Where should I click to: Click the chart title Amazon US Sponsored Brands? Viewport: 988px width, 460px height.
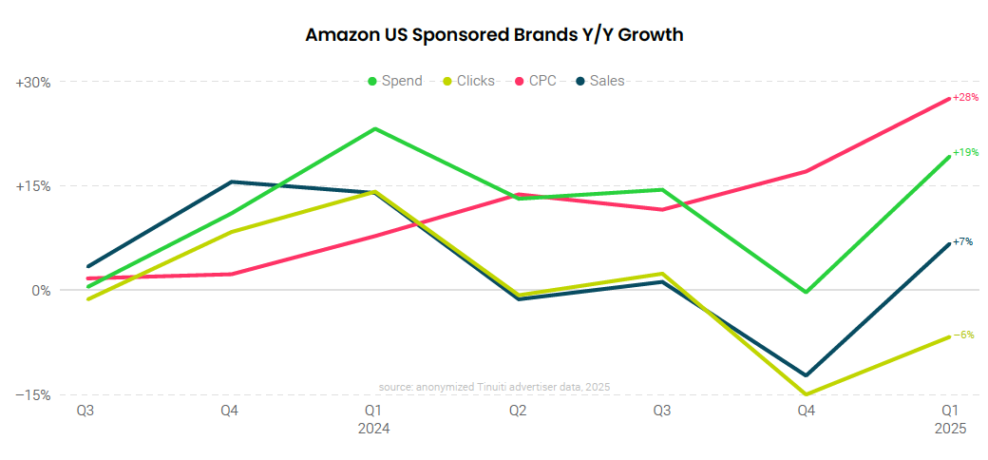(x=494, y=35)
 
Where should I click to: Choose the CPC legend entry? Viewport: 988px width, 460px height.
(x=541, y=81)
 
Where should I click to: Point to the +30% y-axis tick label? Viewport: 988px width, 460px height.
(x=33, y=83)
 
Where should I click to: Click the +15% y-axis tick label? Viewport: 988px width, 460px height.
(x=33, y=186)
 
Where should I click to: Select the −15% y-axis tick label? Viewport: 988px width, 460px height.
(x=33, y=394)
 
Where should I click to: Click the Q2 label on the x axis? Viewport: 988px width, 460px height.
(x=518, y=412)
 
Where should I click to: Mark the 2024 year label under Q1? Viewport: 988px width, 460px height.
(x=373, y=429)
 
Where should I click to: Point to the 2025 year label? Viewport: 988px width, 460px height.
(x=949, y=429)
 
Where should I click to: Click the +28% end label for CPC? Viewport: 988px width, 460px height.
(x=965, y=98)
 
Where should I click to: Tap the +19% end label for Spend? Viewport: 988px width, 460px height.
(x=965, y=152)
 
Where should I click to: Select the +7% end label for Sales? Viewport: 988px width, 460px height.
(x=962, y=242)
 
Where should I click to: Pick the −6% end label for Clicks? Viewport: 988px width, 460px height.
(x=963, y=335)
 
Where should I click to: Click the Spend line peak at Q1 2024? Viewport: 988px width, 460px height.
(x=374, y=128)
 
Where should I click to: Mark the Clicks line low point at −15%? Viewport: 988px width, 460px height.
(x=806, y=394)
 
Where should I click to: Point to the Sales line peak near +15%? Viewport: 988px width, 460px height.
(x=230, y=182)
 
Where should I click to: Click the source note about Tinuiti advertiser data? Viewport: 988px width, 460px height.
(x=494, y=387)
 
